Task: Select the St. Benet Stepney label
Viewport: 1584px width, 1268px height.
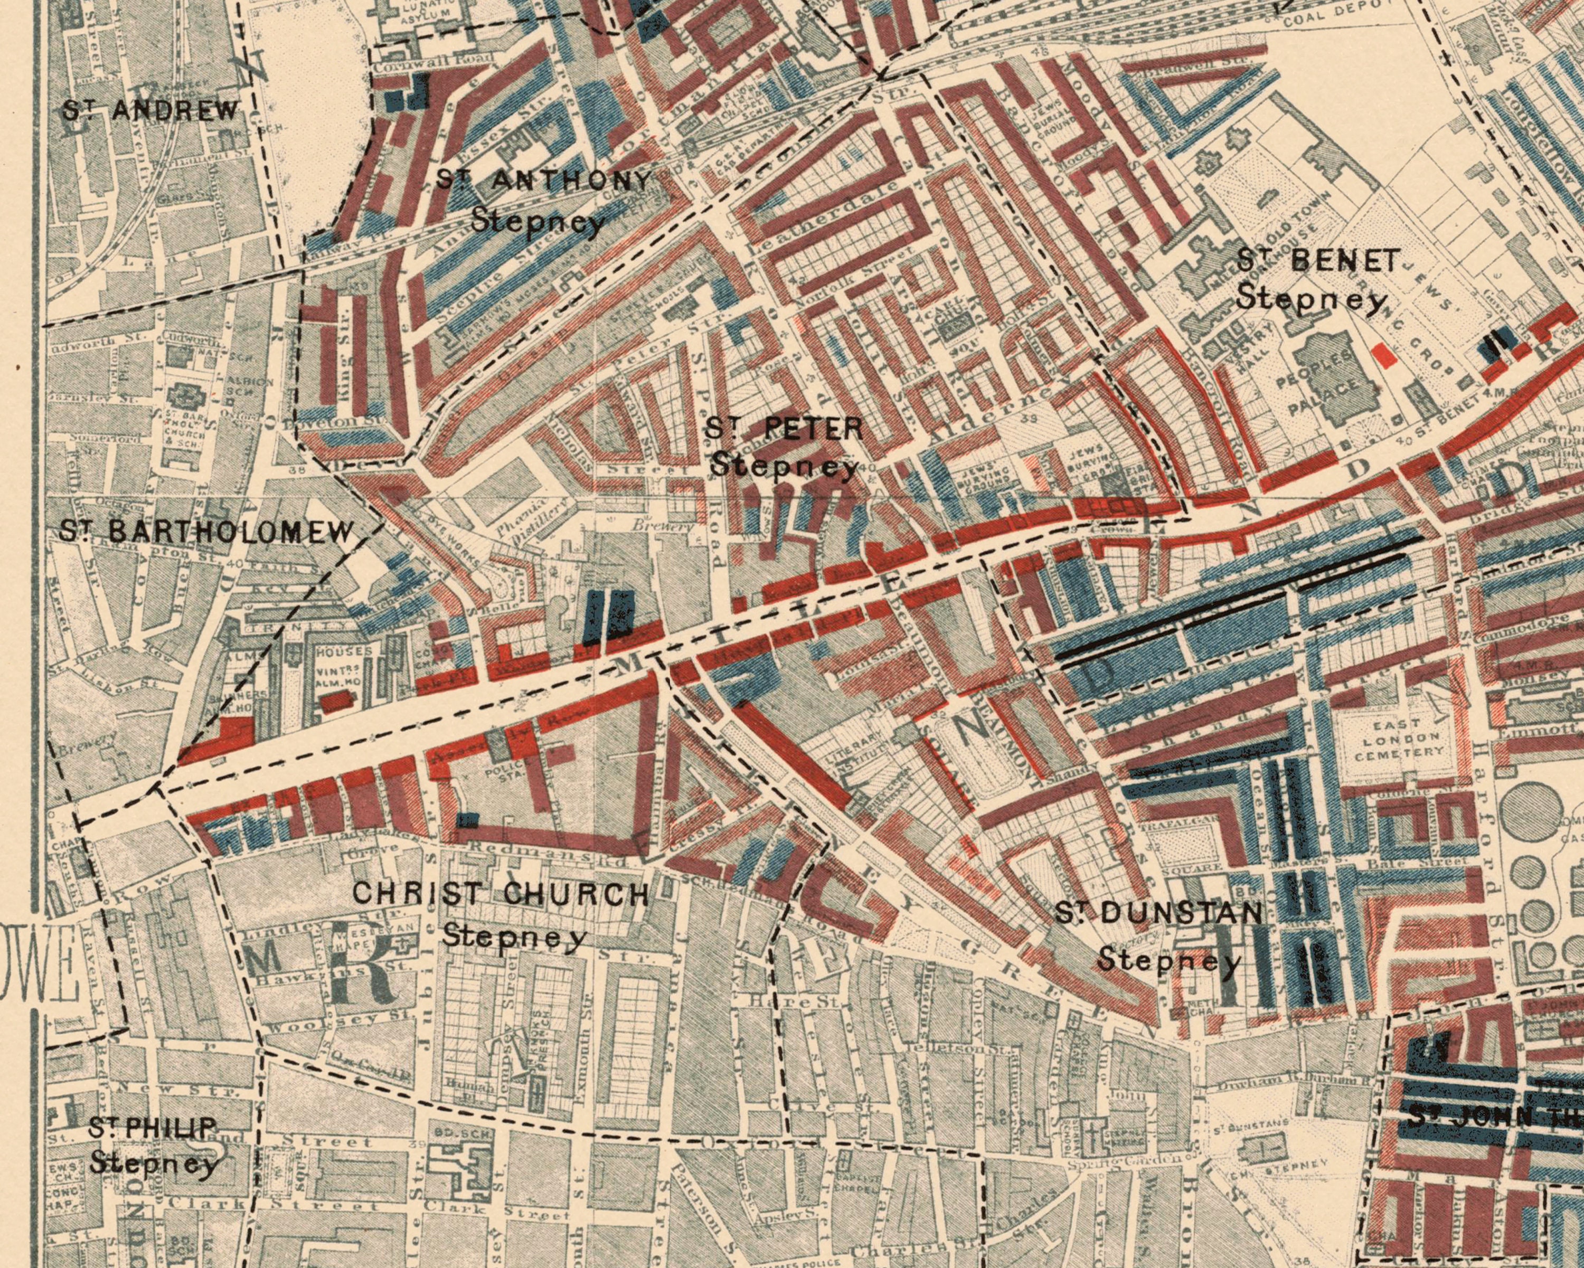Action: pyautogui.click(x=1315, y=279)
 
